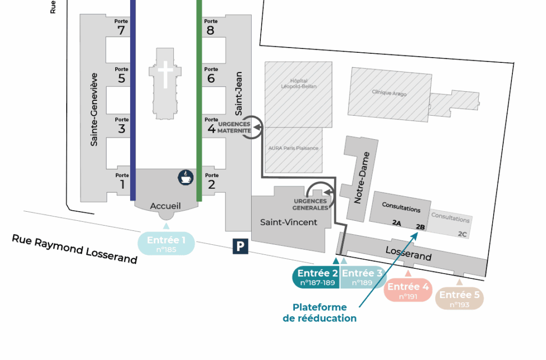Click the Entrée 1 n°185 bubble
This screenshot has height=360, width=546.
166,243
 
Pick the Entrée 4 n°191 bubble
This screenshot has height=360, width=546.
408,291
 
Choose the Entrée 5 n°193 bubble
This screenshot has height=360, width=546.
460,299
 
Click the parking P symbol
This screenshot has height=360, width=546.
241,246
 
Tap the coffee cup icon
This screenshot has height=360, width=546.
185,178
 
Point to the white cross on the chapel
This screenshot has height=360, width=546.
165,74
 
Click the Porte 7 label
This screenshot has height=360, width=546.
121,27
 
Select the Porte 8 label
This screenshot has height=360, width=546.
211,27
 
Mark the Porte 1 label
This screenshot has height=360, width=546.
122,181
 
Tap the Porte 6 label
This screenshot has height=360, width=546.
211,75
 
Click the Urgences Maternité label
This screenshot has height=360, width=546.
234,127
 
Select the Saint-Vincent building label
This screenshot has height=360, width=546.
288,222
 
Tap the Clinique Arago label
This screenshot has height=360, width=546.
389,93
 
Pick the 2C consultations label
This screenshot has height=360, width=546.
462,234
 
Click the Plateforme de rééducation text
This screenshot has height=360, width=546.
319,313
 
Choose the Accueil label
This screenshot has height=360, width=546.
165,206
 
